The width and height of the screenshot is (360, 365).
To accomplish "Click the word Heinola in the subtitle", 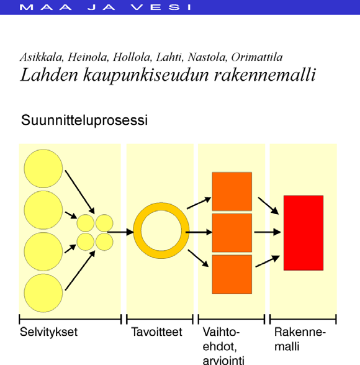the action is (88, 57).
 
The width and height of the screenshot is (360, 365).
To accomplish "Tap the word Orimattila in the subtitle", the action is (257, 57).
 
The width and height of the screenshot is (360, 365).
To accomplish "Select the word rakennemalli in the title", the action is (265, 75).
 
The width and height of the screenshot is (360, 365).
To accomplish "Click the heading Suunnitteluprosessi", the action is (84, 120).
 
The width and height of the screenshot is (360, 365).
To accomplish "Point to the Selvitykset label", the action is (48, 331).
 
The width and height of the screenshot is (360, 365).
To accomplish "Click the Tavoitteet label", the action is (156, 331).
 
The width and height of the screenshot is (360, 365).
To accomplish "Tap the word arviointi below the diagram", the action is (223, 360).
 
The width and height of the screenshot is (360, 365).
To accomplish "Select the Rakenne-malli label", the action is (300, 339).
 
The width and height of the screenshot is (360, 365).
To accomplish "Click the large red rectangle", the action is (304, 233).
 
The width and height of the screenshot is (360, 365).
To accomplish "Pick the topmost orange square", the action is (232, 191).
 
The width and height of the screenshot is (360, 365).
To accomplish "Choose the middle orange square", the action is (232, 233).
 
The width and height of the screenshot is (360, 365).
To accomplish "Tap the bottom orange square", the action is (232, 274).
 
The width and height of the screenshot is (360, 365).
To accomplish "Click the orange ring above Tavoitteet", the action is (161, 206).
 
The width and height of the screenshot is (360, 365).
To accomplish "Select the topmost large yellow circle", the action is (43, 169).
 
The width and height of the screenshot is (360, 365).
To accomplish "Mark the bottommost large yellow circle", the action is (43, 293).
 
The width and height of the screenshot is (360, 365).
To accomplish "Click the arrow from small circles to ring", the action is (120, 232).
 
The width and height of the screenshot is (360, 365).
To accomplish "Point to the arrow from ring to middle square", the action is (199, 232).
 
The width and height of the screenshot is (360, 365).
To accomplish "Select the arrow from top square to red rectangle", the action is (268, 206).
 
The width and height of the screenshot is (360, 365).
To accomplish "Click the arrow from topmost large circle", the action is (80, 192).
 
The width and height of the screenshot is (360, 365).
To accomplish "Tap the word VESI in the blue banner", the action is (161, 7).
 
